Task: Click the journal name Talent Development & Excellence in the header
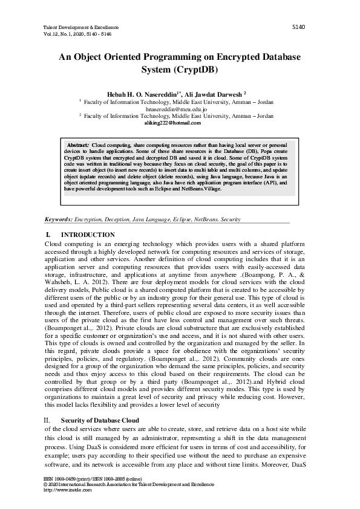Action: (x=82, y=28)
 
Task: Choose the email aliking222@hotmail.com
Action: (x=172, y=123)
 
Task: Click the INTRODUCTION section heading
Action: (x=88, y=235)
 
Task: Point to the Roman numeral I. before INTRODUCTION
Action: (x=48, y=235)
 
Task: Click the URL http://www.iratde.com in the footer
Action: (x=68, y=490)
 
